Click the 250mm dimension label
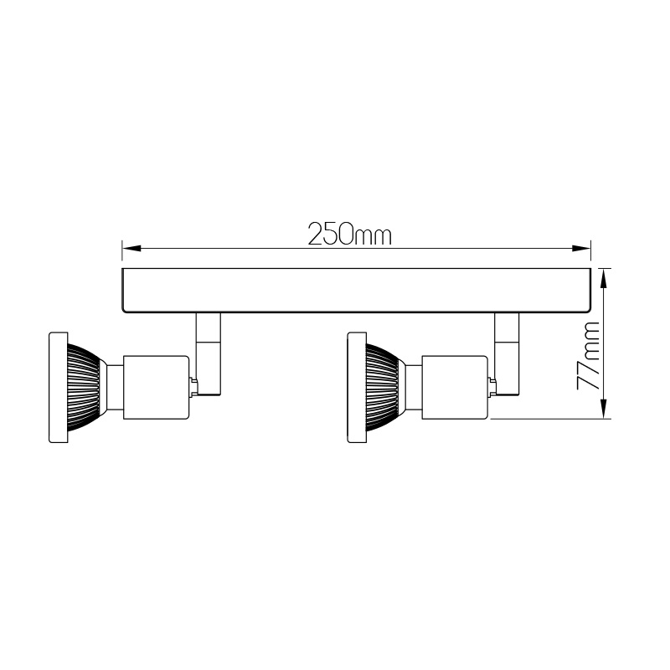(x=349, y=234)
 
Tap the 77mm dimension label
(x=589, y=356)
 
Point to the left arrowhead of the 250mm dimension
(x=131, y=248)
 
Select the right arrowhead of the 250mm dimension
(x=581, y=248)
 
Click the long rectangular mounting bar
(x=357, y=291)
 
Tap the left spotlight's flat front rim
(x=58, y=387)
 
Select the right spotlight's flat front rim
(x=357, y=387)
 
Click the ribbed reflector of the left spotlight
(x=85, y=387)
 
